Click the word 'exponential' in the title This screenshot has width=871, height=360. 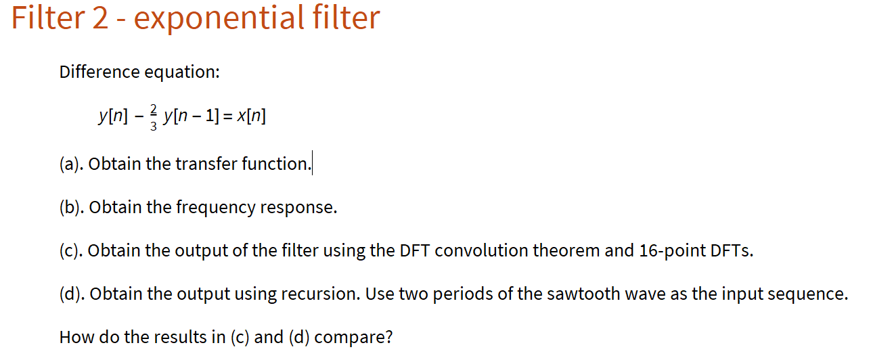coord(219,19)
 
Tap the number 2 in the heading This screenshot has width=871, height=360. coord(100,18)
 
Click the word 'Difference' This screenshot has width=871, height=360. coord(99,72)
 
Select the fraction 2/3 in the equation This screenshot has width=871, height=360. coord(153,117)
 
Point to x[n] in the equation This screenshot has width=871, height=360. coord(252,116)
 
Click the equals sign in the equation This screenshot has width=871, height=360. coord(228,116)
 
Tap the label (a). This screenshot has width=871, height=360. coord(71,164)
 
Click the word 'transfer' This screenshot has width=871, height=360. coord(206,164)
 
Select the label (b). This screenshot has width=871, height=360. coord(72,207)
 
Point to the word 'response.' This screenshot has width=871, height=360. coord(298,208)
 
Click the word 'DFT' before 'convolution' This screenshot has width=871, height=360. coord(414,250)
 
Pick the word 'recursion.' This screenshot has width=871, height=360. coord(321,294)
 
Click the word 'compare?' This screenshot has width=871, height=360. coord(353,338)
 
